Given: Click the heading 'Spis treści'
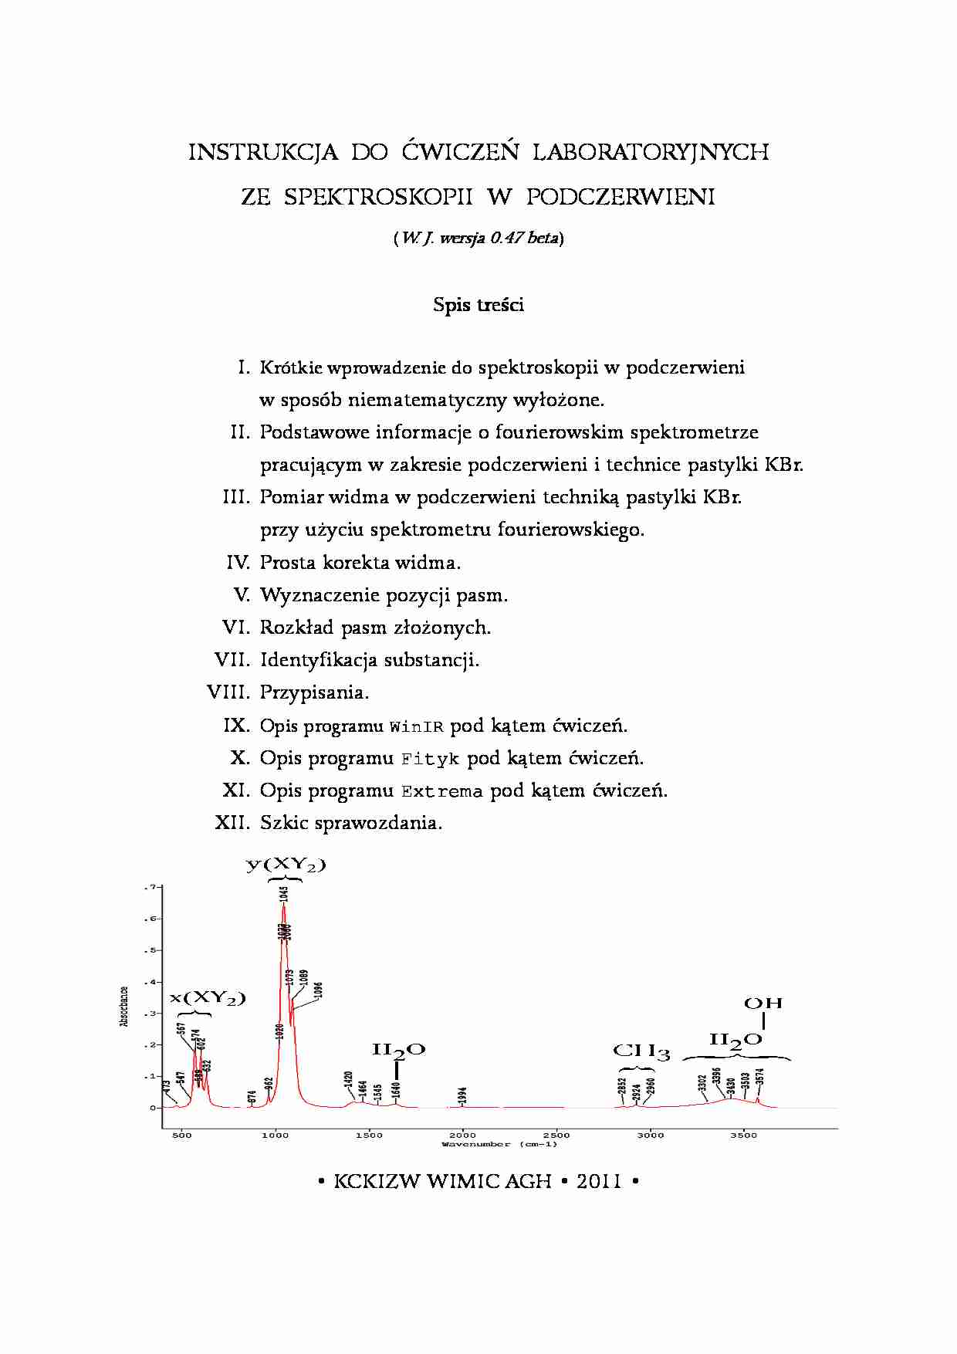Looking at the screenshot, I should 478,305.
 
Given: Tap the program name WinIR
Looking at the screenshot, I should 416,727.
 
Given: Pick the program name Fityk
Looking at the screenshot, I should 430,760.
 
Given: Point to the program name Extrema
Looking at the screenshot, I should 441,792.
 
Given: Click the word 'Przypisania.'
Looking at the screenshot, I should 314,692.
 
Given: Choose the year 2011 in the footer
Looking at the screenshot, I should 599,1181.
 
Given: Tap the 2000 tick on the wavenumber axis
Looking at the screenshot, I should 462,1135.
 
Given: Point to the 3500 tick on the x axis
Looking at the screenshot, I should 743,1135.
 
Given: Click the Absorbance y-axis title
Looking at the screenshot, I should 124,1006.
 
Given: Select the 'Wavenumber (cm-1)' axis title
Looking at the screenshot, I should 499,1144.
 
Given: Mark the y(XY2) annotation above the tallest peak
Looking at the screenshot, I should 286,865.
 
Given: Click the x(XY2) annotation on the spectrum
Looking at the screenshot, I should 207,998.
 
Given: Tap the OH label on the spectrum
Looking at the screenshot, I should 763,1004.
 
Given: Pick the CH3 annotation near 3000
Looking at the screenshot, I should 641,1051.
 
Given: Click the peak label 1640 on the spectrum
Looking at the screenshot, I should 396,1090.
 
